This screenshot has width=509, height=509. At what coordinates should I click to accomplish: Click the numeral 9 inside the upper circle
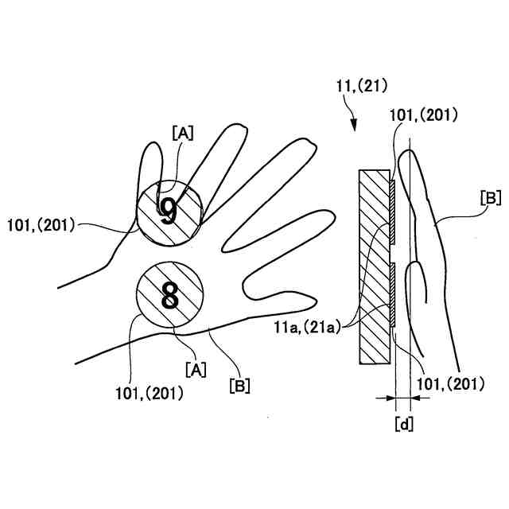tap(168, 210)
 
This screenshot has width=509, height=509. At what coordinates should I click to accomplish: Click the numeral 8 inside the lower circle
tap(170, 296)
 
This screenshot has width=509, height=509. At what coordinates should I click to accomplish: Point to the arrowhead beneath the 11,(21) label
tap(354, 125)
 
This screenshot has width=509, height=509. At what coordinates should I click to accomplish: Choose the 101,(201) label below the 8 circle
tap(149, 392)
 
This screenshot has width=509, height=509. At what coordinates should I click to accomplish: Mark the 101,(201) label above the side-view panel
tap(424, 115)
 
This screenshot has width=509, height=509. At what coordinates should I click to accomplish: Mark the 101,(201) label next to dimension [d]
tap(450, 384)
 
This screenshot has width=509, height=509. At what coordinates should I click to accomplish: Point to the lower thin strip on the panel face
tap(394, 295)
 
